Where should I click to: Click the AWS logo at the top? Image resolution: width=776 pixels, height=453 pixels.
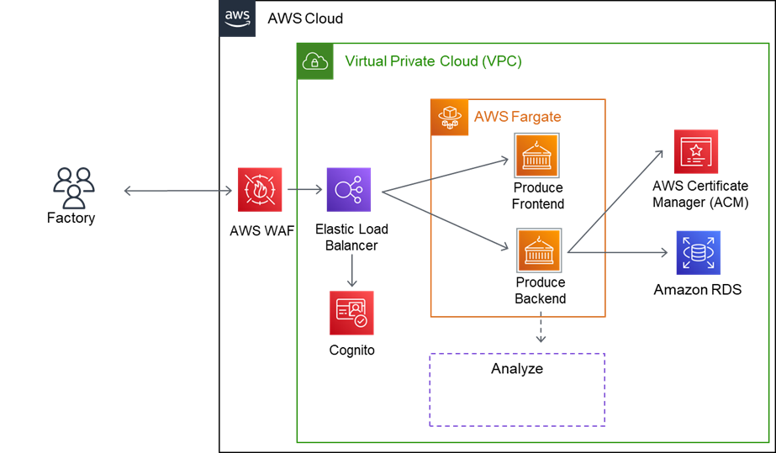[x=238, y=18]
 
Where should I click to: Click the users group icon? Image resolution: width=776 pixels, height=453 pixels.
[x=73, y=188]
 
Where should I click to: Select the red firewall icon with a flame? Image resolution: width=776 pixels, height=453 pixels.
[x=259, y=189]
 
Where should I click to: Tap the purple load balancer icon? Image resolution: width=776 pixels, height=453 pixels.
[x=348, y=189]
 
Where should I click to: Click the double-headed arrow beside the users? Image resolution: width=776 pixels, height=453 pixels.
[x=178, y=192]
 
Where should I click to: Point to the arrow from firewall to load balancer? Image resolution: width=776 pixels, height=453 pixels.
[x=304, y=190]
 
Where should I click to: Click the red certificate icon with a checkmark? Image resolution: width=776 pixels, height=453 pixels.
[x=351, y=313]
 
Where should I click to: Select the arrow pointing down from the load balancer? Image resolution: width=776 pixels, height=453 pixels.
[x=351, y=270]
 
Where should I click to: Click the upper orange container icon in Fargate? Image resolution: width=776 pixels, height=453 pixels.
[x=536, y=155]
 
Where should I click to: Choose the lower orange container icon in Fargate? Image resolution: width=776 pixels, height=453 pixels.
[x=539, y=250]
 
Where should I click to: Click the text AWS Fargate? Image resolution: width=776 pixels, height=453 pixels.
[x=517, y=117]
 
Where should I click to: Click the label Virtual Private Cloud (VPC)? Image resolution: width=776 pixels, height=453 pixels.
[x=433, y=61]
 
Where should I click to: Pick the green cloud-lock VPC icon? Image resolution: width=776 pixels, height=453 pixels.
[x=315, y=61]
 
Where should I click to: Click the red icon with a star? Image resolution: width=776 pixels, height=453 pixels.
[x=696, y=152]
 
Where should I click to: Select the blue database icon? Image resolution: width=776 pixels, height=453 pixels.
[x=698, y=252]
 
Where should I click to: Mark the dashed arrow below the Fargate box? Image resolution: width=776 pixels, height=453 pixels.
[x=541, y=329]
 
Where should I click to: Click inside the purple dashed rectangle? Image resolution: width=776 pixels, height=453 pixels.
[x=517, y=389]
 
